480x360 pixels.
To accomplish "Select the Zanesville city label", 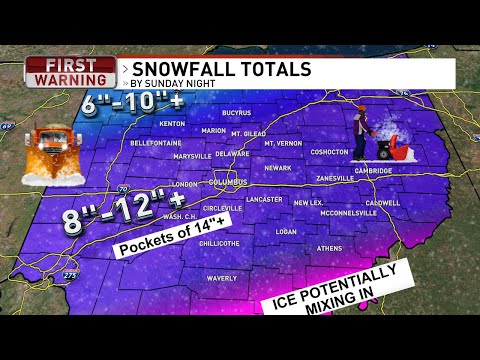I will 333,177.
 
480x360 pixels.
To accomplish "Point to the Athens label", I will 329,248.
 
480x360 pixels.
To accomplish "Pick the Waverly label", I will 221,278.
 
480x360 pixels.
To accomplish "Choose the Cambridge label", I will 373,170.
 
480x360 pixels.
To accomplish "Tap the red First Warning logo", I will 71,72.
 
